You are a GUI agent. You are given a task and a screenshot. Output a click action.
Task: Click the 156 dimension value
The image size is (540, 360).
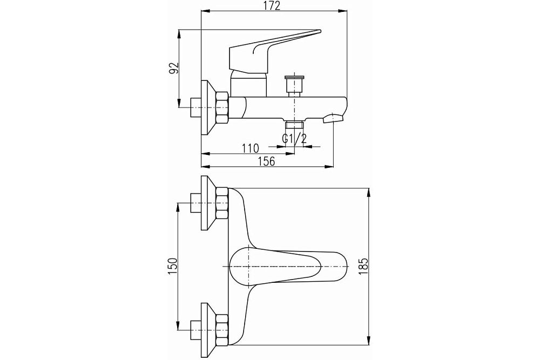266,161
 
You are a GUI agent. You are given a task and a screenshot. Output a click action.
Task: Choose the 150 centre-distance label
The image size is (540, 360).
173,267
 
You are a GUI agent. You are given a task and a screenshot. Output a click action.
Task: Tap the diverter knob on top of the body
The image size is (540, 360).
294,84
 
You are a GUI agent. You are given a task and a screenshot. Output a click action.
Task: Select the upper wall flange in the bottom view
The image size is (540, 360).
207,203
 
